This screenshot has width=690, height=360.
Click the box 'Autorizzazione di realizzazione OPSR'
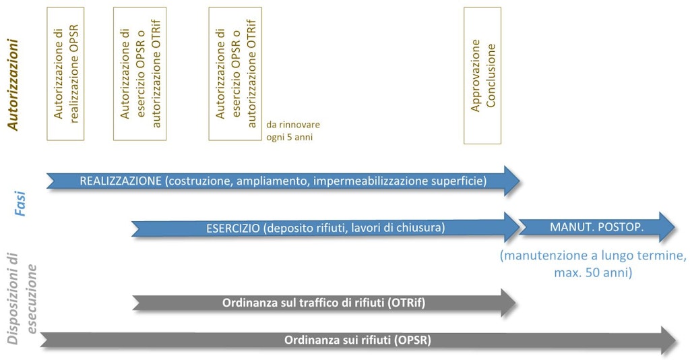tap(65, 74)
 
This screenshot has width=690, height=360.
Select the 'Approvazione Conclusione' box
tap(482, 76)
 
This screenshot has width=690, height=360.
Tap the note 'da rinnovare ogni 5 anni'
tap(293, 131)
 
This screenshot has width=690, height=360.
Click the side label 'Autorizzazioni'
tap(13, 85)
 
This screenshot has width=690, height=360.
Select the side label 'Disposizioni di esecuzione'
tap(23, 297)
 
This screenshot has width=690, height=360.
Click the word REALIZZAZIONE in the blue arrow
tap(121, 181)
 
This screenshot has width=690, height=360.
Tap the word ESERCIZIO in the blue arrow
tap(232, 228)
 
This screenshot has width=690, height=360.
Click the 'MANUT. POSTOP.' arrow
tap(597, 227)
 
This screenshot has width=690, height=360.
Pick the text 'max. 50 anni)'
tap(593, 272)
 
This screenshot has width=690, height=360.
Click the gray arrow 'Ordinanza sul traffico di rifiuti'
tap(324, 303)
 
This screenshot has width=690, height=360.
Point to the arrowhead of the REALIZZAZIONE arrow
tap(512, 181)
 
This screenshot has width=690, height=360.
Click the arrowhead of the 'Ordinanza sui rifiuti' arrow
tap(669, 340)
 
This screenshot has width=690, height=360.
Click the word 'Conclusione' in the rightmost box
tap(491, 76)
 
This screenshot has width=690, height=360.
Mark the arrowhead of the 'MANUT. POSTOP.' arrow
tap(667, 227)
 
